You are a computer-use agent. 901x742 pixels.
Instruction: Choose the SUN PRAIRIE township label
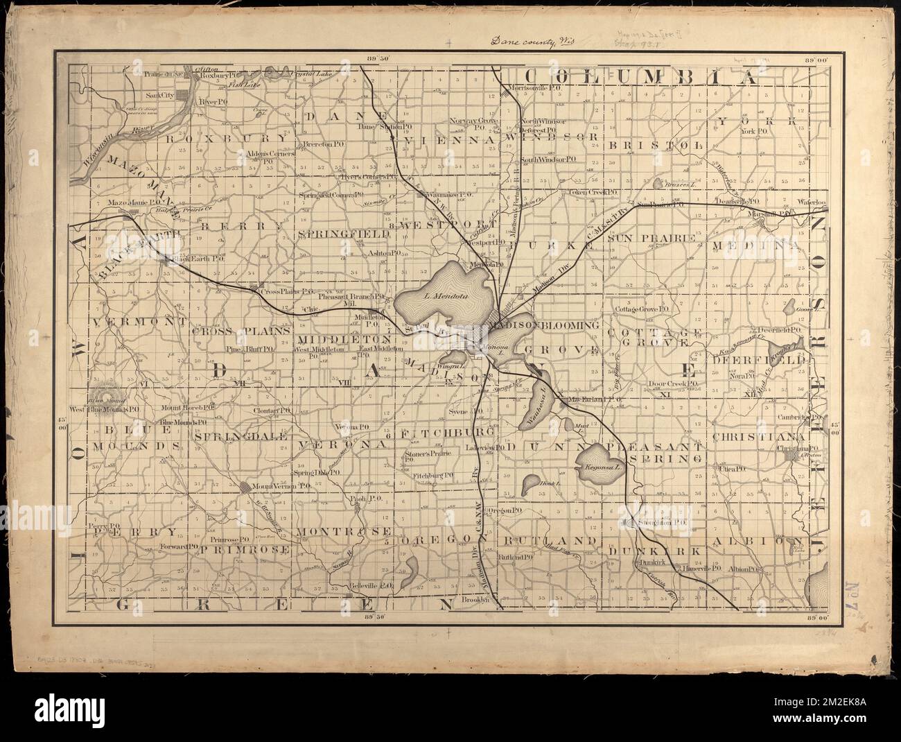click(x=651, y=238)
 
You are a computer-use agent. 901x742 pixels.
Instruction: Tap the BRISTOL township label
click(x=656, y=144)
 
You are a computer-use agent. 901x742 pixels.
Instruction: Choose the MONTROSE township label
click(x=341, y=530)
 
